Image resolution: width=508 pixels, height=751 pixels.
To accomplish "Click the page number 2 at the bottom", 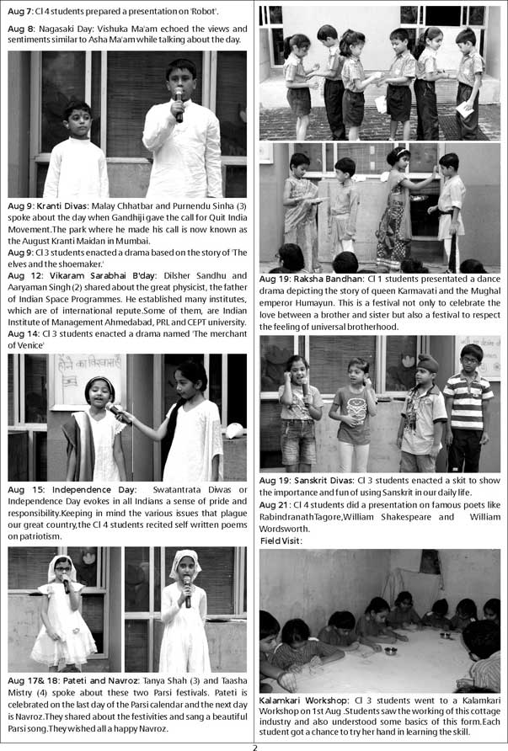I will click(x=254, y=745).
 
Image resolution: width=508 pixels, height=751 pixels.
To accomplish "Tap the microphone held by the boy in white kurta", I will click(x=179, y=104).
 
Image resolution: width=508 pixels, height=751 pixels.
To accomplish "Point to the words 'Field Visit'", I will click(x=281, y=541).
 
